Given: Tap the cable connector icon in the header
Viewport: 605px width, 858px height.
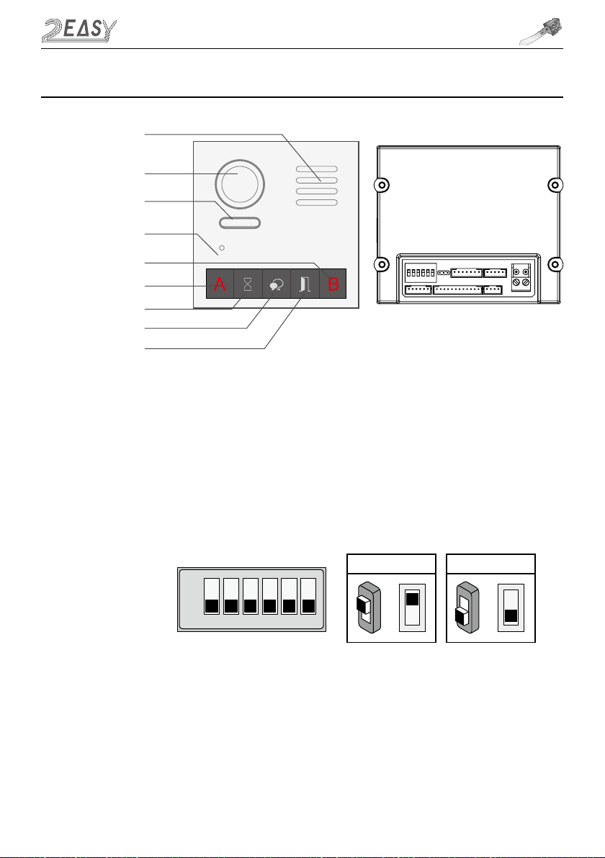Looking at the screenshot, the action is (545, 32).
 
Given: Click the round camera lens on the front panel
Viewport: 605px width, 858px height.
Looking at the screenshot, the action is (240, 181).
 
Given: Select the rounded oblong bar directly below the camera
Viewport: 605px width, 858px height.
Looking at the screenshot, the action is (240, 222).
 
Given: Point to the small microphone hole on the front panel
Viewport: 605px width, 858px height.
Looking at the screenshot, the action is (222, 248).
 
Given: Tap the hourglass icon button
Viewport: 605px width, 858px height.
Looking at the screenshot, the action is (248, 284).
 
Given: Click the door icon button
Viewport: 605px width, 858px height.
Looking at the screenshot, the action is (305, 284).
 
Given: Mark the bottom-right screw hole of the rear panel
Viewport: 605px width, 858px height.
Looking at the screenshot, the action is (555, 264).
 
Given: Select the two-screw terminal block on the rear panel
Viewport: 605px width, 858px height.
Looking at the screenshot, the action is (522, 279).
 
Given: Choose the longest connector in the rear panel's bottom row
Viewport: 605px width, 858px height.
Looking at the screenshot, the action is (457, 290).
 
